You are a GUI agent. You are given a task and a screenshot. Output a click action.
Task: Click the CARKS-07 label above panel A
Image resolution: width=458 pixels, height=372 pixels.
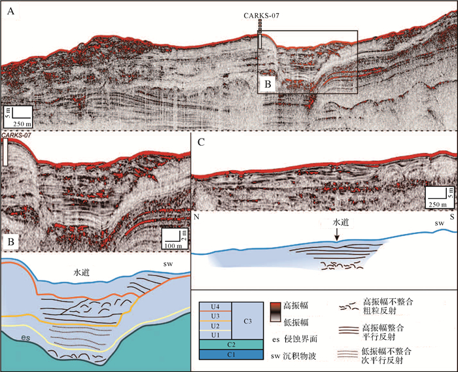tap(261, 14)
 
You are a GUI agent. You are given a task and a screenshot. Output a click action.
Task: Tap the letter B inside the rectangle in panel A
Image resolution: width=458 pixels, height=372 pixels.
tap(267, 84)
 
